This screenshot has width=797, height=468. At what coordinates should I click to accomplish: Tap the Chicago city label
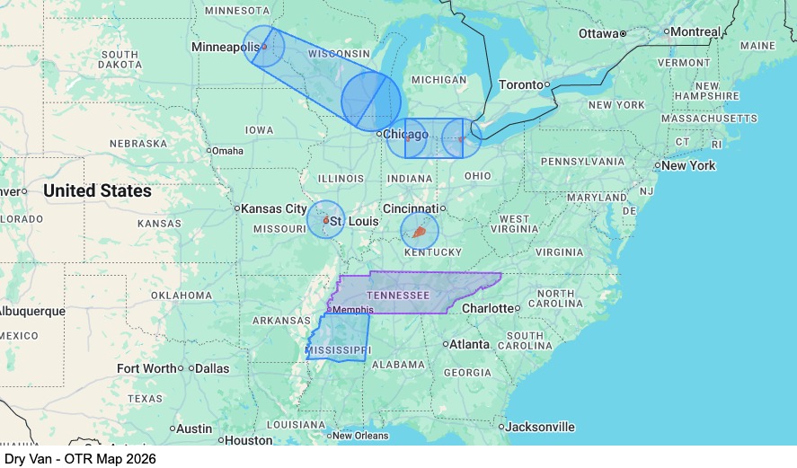(405, 135)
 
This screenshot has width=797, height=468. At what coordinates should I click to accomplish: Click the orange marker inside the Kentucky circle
(419, 233)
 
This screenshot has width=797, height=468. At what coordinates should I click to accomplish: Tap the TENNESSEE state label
(398, 296)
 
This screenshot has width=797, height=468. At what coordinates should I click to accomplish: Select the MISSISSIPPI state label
(338, 349)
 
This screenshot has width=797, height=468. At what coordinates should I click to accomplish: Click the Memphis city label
(352, 310)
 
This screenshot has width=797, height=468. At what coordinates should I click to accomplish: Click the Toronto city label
(521, 84)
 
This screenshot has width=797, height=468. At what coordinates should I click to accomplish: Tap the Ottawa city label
(598, 33)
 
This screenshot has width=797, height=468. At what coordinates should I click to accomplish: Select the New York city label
(689, 165)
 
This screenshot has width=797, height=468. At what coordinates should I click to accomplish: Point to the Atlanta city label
(469, 344)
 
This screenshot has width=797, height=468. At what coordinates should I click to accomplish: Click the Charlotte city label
(487, 308)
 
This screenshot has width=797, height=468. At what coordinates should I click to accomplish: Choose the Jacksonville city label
(539, 427)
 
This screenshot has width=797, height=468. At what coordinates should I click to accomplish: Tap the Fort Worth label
(146, 368)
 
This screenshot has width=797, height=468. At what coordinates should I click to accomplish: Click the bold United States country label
(97, 191)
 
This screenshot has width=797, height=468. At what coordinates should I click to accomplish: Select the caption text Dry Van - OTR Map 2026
(80, 459)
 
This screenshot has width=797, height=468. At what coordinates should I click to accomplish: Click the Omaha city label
(228, 151)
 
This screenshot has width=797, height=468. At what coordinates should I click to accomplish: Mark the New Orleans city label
(360, 436)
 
